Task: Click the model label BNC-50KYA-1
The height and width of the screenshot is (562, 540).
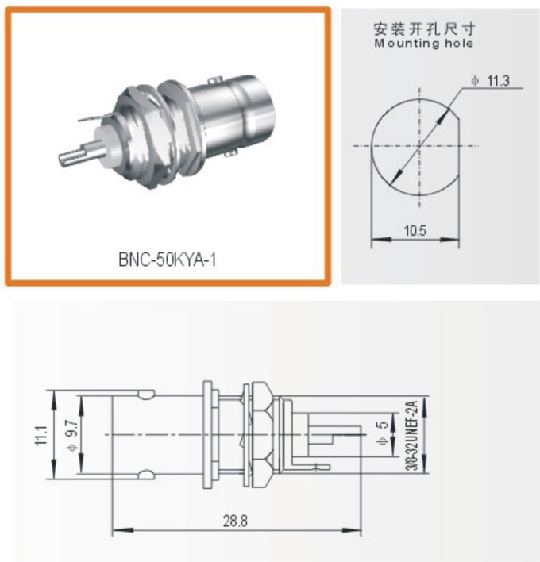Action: (x=166, y=259)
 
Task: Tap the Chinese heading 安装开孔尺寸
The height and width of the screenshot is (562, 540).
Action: (x=425, y=30)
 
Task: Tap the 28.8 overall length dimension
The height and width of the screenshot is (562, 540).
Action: (x=236, y=521)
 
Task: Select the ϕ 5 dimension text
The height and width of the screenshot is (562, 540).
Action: (x=382, y=434)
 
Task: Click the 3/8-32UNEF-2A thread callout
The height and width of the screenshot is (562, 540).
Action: (x=411, y=434)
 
